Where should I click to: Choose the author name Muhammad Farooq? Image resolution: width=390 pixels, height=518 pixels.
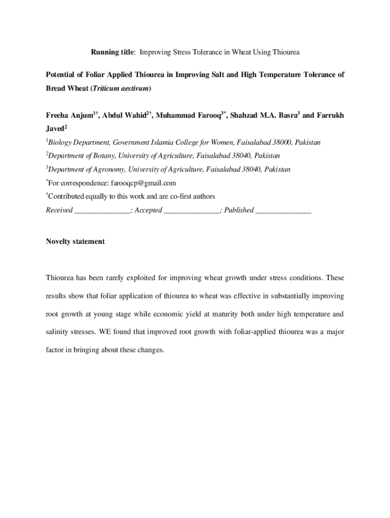pyautogui.click(x=187, y=116)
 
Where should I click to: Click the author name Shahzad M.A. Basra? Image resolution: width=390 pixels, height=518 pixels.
pyautogui.click(x=263, y=116)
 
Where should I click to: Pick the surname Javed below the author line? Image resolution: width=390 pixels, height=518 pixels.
pyautogui.click(x=55, y=129)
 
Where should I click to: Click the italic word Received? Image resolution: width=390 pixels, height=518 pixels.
pyautogui.click(x=59, y=210)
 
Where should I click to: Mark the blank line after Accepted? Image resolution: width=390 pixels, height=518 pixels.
pyautogui.click(x=191, y=210)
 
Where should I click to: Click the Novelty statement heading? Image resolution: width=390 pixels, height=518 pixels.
pyautogui.click(x=75, y=242)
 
